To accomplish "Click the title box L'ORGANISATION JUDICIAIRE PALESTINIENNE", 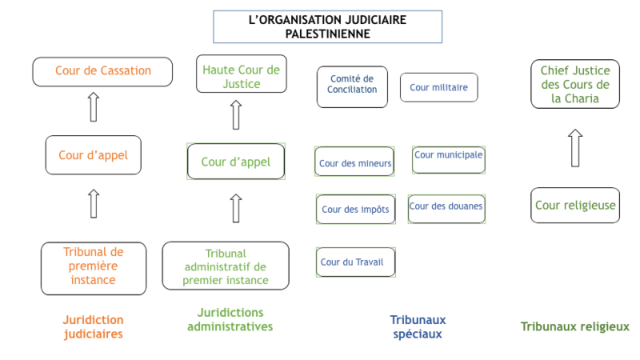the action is point(327,27).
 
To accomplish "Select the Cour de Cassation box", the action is point(102,72).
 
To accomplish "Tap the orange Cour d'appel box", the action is point(94,155).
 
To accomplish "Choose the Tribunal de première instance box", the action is point(94,269).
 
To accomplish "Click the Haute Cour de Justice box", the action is point(242,74).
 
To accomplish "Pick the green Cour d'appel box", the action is point(236,162).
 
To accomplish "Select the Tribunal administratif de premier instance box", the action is point(226,266).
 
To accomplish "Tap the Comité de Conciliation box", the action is point(352,87).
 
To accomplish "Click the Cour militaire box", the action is point(438,87).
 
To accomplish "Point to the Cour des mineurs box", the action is point(354,162).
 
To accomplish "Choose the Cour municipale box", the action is point(449,160).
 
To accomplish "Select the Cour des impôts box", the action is point(355,210).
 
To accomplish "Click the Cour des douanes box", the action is point(446,209).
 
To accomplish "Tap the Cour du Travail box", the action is point(355,262).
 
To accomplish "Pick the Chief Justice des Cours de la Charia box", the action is point(575,84).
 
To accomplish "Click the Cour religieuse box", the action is point(575,206).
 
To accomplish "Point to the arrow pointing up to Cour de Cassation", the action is point(94,107).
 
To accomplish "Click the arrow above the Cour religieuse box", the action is point(575,148).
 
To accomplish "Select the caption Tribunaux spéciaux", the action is point(418,327).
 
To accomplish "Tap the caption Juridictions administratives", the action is point(230,319).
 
